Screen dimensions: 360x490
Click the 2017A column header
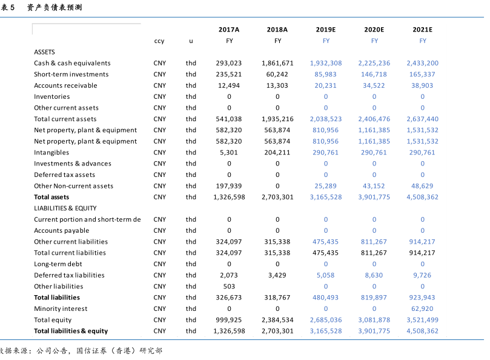229,29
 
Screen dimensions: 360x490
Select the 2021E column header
422,29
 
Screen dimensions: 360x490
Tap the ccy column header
159,41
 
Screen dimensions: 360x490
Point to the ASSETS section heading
44,52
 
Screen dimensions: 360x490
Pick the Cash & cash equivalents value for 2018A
277,63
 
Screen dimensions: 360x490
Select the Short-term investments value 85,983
326,75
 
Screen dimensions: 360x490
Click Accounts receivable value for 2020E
374,85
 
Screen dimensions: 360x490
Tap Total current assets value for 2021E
422,119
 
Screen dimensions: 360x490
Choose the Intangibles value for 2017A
229,153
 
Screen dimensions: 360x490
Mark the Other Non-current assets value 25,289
326,186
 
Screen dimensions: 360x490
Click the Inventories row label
52,96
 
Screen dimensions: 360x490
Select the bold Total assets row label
51,197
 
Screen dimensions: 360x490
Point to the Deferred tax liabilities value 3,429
277,275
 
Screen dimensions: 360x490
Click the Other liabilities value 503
229,286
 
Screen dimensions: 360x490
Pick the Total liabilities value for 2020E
374,298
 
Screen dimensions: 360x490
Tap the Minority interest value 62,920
422,308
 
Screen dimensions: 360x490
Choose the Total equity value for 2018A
277,320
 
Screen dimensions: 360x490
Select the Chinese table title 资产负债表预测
55,7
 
